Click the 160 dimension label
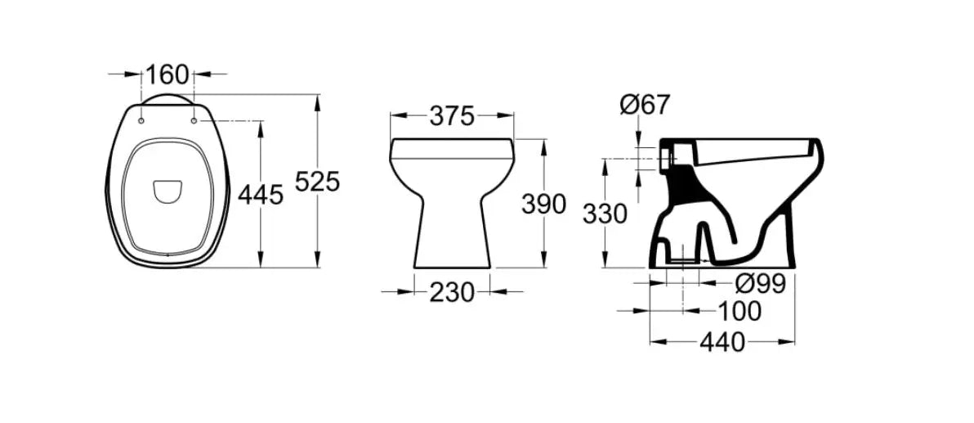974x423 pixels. pos(167,74)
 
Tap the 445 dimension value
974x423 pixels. pos(261,195)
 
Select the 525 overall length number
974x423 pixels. pos(316,181)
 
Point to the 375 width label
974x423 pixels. pos(452,116)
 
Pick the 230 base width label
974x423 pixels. pos(452,291)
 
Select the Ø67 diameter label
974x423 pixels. pos(645,104)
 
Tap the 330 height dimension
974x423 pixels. pos(605,214)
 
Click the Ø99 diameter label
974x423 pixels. pos(760,284)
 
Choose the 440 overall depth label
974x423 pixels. pos(722,342)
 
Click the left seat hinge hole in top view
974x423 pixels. pos(141,122)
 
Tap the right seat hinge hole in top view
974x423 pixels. pos(194,122)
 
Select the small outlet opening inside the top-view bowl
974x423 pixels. pos(168,190)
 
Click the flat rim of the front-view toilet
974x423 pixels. pos(452,147)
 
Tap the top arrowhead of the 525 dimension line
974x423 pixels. pos(316,100)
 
